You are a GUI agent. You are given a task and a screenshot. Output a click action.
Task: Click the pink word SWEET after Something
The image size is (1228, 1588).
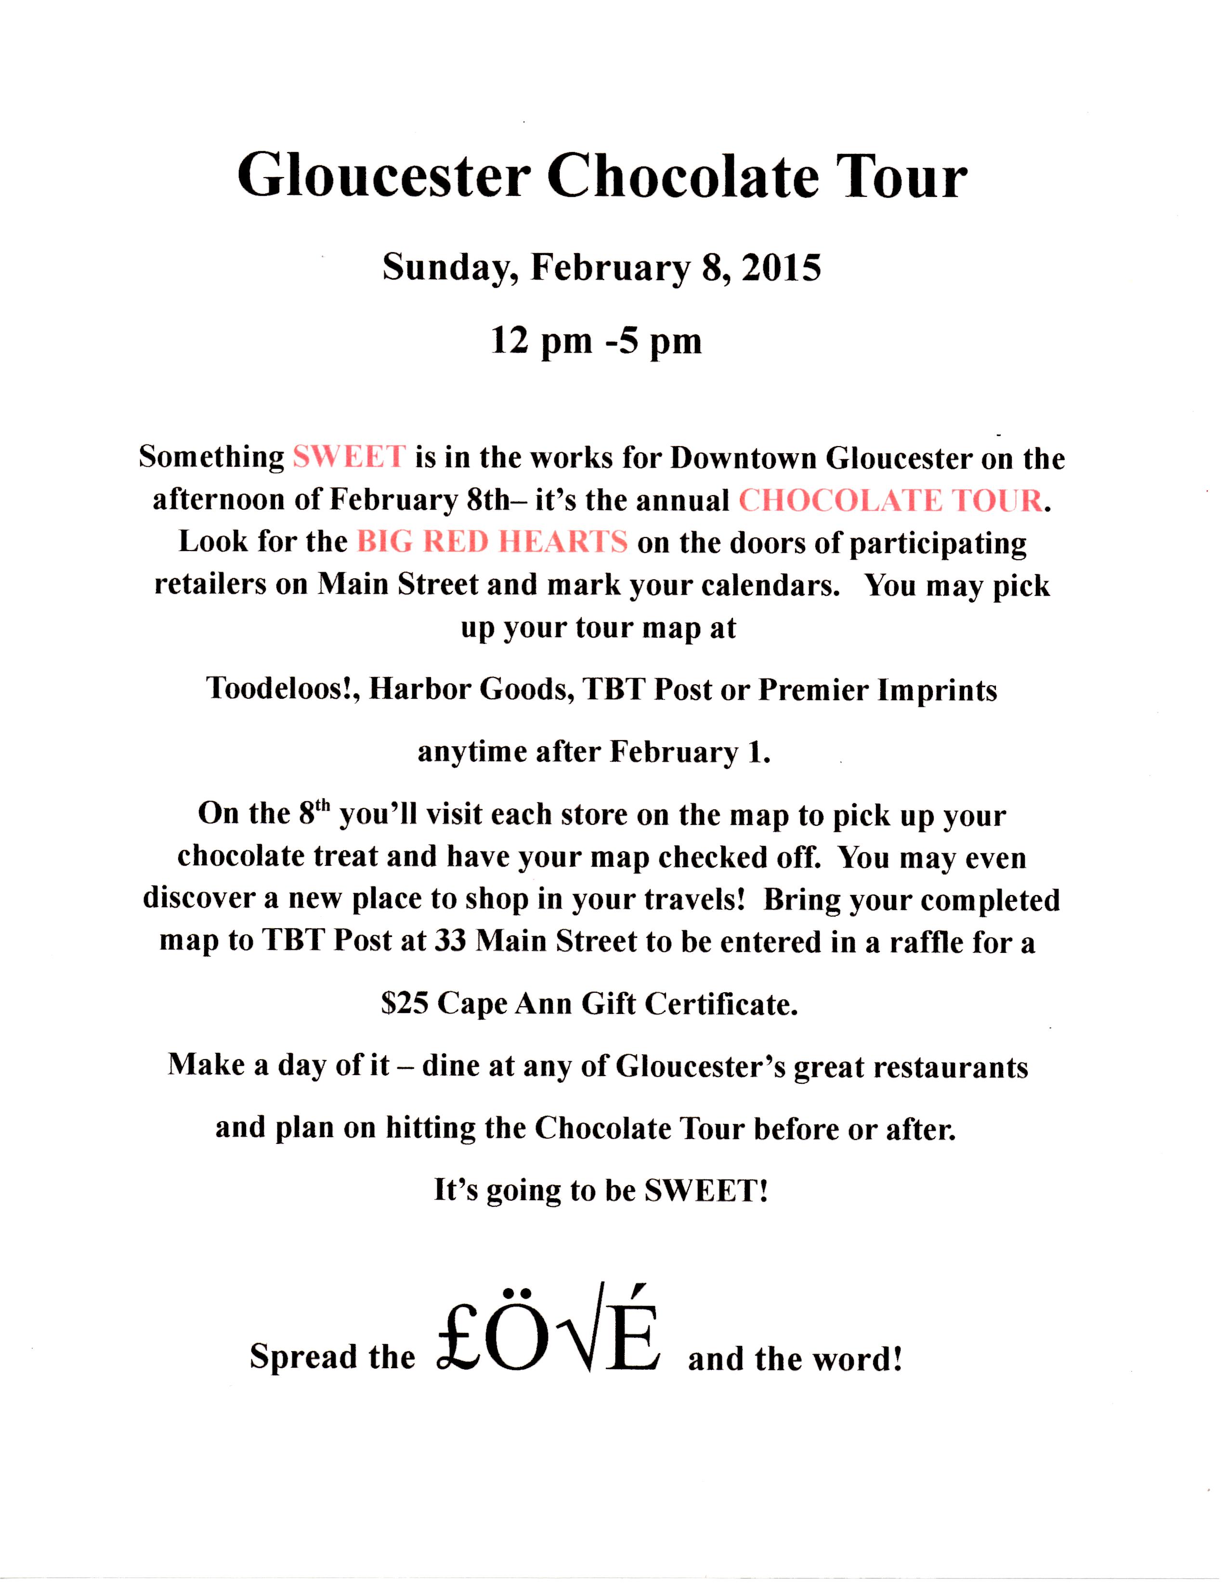coord(349,457)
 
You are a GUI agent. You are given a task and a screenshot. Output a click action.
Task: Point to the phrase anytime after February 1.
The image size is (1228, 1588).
coord(594,752)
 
